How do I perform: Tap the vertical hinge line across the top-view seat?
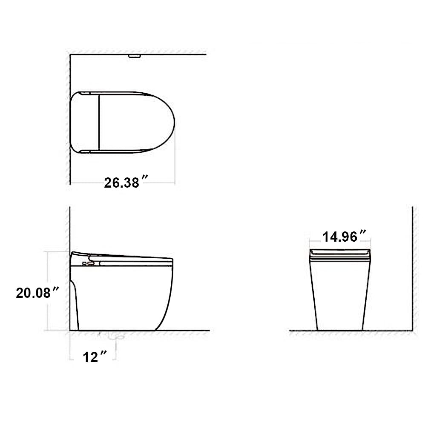click(x=99, y=123)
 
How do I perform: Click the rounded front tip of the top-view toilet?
click(x=174, y=123)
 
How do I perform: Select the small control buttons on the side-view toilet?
click(x=87, y=264)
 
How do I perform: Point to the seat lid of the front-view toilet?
click(x=340, y=254)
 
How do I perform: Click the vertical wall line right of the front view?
click(x=412, y=268)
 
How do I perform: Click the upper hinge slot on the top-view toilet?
click(x=85, y=93)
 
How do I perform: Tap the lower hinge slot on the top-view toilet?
click(x=85, y=151)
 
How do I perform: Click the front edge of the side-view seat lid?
click(x=171, y=260)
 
